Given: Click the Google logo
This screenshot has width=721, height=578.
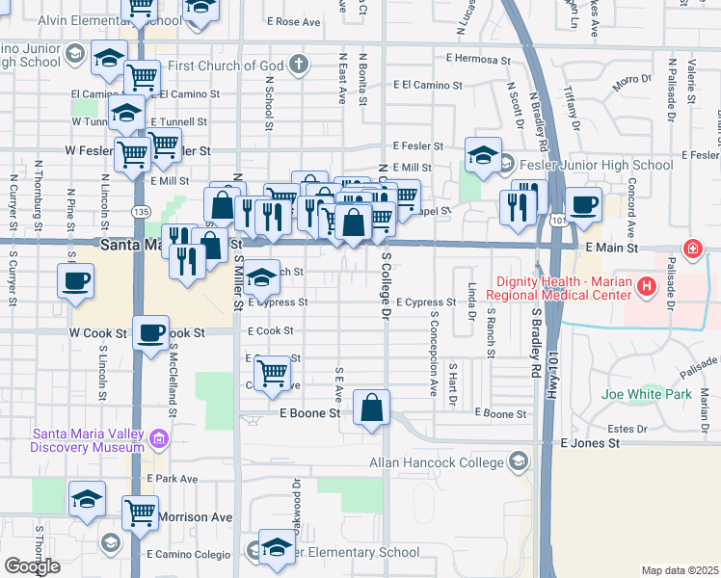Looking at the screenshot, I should click(x=32, y=566).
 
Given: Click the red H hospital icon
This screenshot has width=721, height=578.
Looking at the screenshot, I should click(x=647, y=286).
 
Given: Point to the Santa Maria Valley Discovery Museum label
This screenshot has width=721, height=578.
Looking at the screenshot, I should click(x=87, y=440).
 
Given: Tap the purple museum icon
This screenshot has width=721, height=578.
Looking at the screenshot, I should click(x=159, y=441).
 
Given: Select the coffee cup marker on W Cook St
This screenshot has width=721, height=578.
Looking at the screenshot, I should click(x=149, y=333).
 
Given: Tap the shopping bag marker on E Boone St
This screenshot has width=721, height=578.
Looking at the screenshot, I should click(x=371, y=408).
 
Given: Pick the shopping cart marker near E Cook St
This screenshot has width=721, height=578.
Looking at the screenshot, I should click(x=274, y=371).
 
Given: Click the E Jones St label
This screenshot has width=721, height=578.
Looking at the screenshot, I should click(x=590, y=443).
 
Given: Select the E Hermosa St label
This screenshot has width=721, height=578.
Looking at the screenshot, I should click(x=470, y=59).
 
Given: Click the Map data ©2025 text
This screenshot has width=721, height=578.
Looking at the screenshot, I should click(x=680, y=570).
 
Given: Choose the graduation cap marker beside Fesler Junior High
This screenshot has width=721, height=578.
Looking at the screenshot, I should click(x=483, y=155).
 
